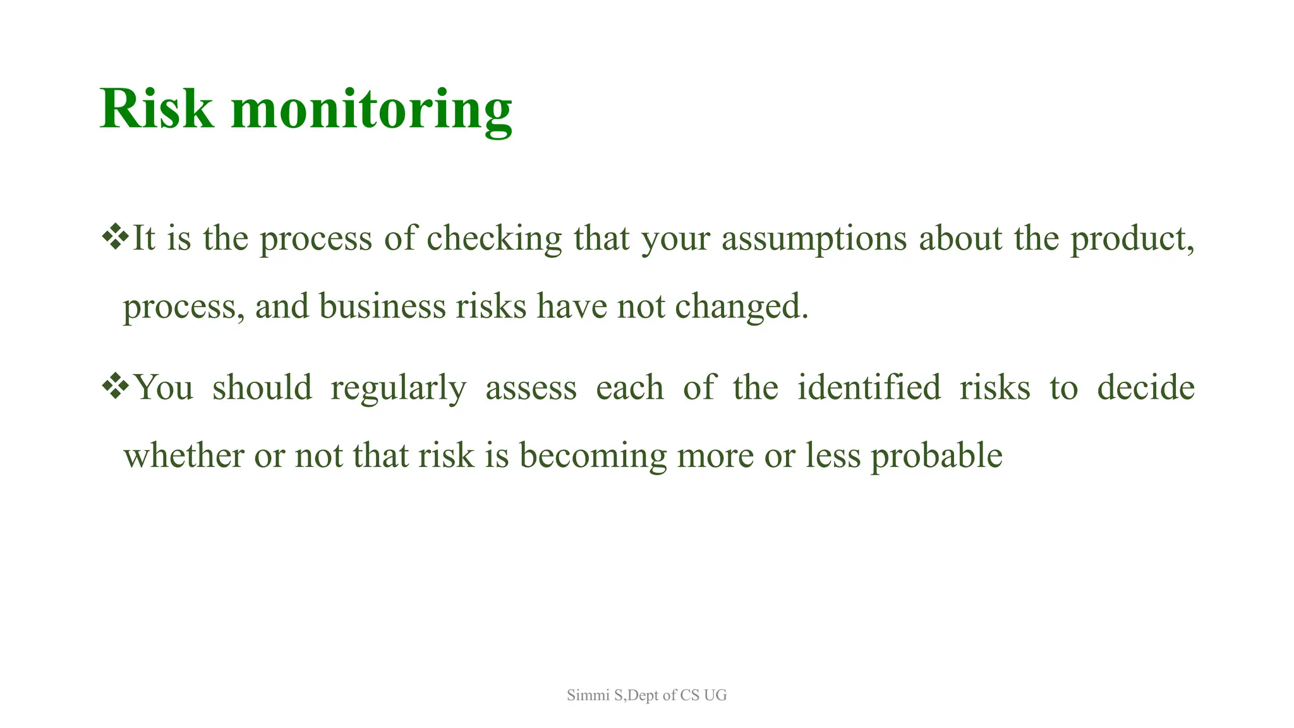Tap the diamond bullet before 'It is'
[x=114, y=237]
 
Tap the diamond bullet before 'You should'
[x=114, y=386]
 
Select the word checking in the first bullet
[x=494, y=239]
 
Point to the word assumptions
[x=814, y=239]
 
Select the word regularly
[x=398, y=388]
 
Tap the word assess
[x=531, y=388]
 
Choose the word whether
[x=183, y=455]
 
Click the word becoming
[x=592, y=456]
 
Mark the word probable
[x=936, y=456]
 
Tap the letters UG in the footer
[x=715, y=695]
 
